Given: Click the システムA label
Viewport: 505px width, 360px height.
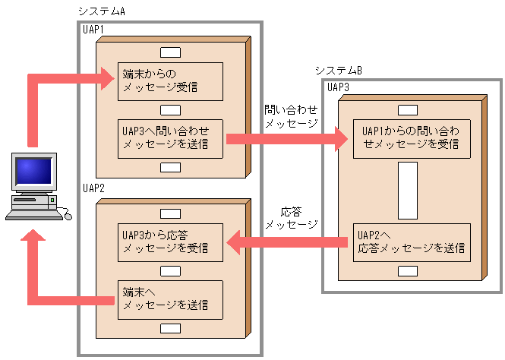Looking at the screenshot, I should [101, 11].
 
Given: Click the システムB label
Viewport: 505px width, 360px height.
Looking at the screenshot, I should [338, 71].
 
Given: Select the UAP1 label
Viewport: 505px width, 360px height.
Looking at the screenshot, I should [94, 29].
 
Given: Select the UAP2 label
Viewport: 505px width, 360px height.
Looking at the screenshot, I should [94, 188].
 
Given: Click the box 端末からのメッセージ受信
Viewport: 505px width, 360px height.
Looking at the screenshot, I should [170, 81].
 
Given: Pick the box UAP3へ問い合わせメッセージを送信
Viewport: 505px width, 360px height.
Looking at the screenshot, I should [170, 137].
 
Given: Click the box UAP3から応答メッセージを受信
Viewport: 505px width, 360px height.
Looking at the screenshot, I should [170, 242].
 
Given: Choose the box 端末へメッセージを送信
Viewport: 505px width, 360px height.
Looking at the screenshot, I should [170, 300].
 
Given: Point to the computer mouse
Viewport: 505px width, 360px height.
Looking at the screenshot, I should [67, 216].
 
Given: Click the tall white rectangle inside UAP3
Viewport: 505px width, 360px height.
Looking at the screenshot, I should [408, 189].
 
